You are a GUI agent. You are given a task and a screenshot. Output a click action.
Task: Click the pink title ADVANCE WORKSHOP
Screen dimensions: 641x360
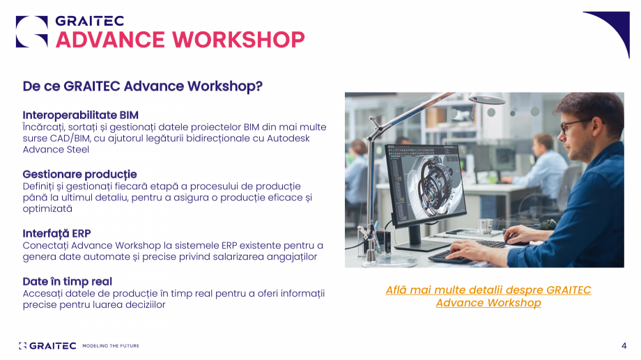coord(180,40)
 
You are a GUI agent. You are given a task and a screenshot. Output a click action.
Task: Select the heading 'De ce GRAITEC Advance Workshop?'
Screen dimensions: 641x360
coord(142,86)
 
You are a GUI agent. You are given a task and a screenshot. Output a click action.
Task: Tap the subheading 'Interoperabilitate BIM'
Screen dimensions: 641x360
coord(81,115)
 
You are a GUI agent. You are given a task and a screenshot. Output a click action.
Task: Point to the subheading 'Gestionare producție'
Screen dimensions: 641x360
coord(79,175)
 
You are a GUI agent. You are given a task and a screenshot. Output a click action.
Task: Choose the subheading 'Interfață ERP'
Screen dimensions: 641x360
coord(57,233)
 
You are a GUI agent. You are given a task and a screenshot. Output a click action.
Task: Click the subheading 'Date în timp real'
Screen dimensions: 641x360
coord(67,281)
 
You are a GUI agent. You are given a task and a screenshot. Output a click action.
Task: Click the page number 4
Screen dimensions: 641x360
coord(624,345)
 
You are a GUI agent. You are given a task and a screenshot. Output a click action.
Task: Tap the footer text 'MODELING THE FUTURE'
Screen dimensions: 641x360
coord(111,345)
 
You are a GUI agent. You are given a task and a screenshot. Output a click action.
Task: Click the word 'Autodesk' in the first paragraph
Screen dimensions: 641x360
coord(288,138)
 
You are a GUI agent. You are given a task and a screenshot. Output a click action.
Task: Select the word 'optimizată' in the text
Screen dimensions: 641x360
coord(47,208)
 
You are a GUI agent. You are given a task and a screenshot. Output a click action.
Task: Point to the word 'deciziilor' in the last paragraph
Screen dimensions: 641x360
coord(144,304)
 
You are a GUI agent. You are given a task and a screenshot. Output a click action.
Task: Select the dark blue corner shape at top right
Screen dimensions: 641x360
coord(613,29)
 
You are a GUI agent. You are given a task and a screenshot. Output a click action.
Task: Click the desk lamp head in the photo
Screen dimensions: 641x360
coord(487,98)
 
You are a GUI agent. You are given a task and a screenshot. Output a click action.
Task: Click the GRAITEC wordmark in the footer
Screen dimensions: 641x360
coord(53,345)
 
